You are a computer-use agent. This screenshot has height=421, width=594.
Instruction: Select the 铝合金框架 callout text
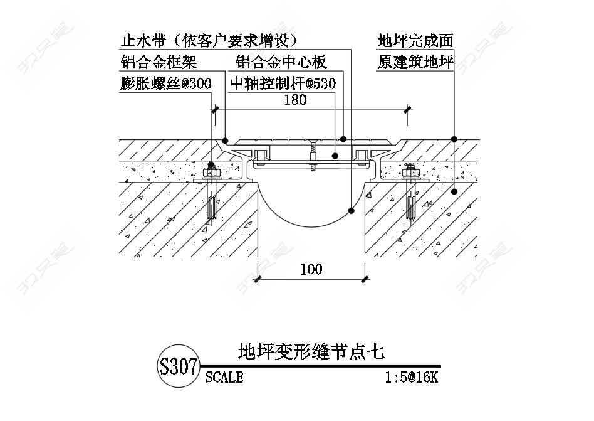pos(159,62)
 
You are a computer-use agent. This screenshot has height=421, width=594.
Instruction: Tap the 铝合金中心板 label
pos(281,62)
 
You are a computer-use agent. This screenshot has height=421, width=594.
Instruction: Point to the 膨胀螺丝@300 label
pos(165,83)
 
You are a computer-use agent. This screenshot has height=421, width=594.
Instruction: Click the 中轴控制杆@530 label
pos(283,83)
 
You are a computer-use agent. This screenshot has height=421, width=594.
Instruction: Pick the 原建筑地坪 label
pos(415,62)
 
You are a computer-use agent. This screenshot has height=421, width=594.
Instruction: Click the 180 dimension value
pos(295,100)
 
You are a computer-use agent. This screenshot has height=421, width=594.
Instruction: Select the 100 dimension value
pos(311,269)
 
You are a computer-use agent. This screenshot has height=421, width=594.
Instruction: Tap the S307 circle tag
pos(179,366)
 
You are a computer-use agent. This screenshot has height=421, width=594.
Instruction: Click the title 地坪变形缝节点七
pos(311,351)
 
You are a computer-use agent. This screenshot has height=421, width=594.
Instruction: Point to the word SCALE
pos(224,378)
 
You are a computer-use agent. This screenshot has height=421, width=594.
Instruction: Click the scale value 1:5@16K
pos(411,378)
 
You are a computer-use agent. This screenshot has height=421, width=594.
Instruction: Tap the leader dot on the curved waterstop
pos(351,211)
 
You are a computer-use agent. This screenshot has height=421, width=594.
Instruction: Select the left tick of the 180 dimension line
pos(215,110)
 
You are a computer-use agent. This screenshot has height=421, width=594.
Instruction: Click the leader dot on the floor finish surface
pos(454,139)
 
